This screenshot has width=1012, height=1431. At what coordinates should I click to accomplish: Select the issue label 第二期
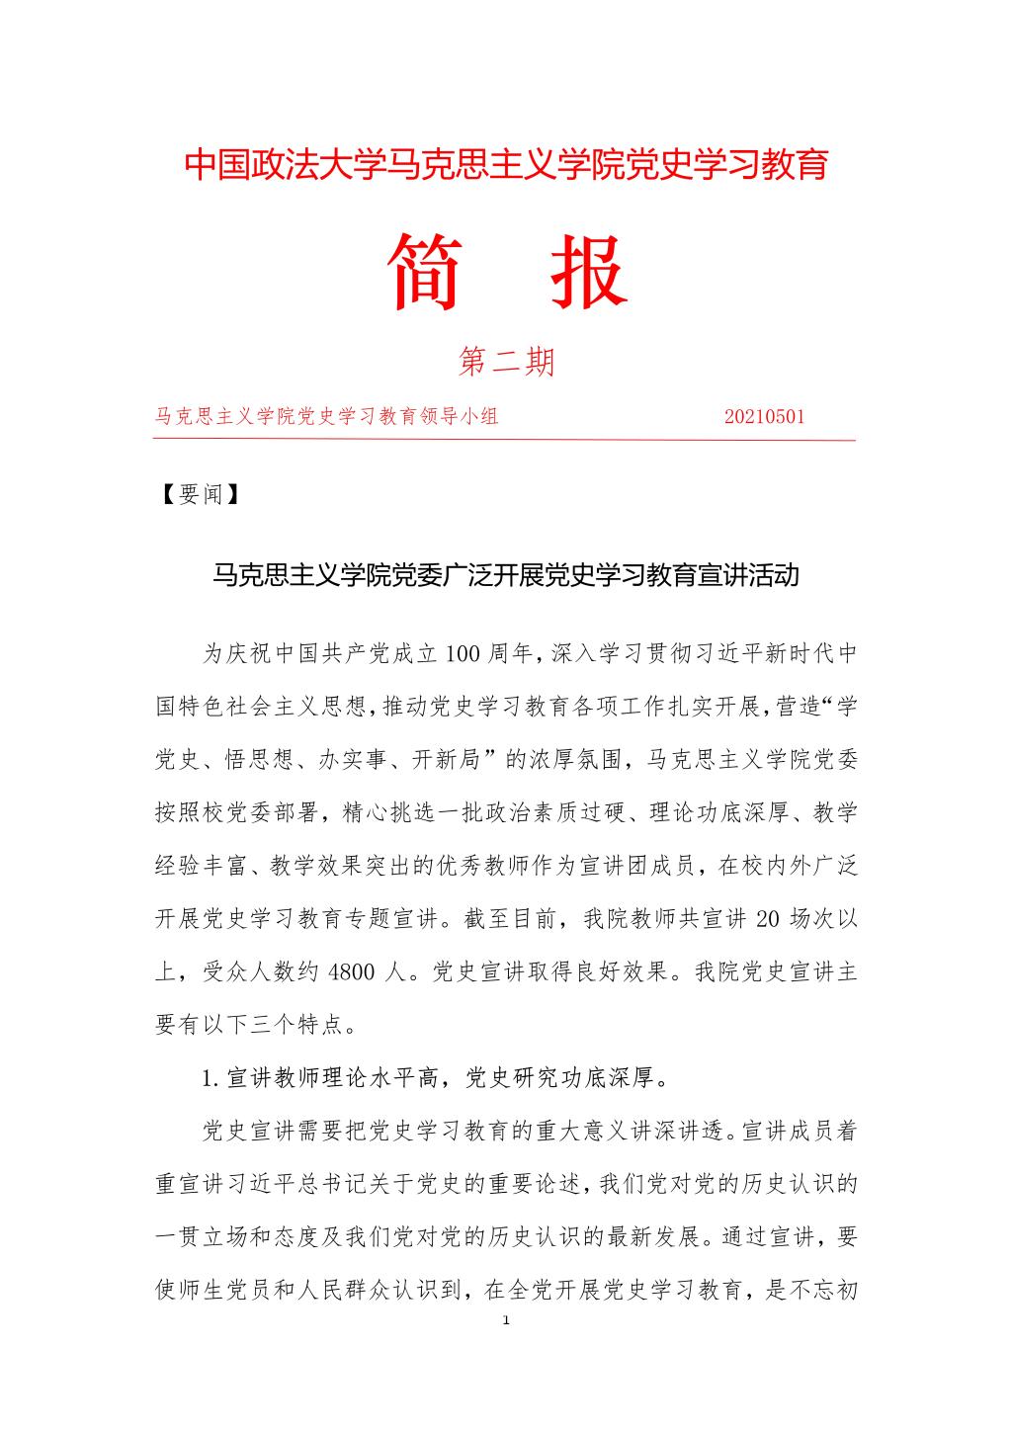click(506, 362)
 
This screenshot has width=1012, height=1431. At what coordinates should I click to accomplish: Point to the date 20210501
click(764, 416)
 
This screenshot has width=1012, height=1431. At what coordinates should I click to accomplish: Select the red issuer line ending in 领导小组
click(327, 416)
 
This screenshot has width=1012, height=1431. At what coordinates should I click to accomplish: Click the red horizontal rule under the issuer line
click(506, 441)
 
